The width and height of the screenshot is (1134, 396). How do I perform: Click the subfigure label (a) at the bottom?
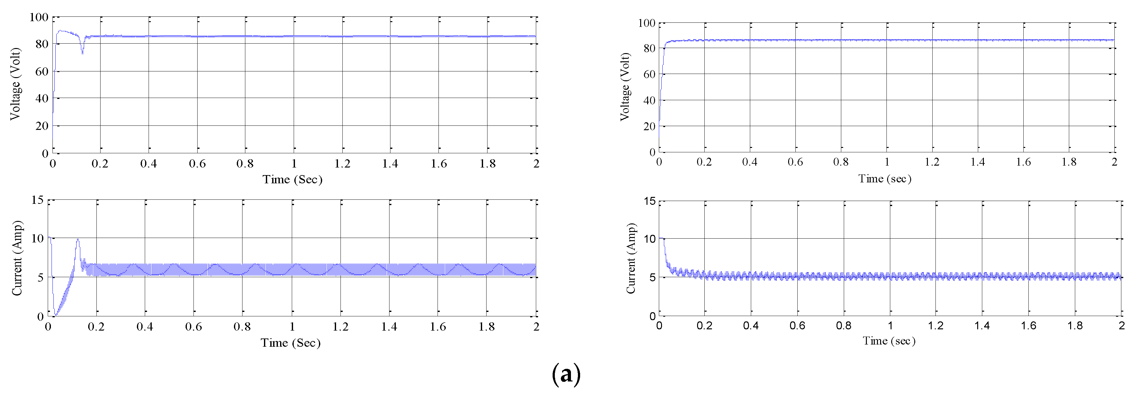(566, 375)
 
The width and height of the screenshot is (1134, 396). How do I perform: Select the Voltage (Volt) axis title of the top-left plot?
(15, 84)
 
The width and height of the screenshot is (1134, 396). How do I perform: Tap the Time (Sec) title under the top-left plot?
(292, 180)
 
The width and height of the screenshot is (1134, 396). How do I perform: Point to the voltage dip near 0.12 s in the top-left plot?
(82, 53)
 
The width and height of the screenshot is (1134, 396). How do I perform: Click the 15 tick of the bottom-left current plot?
(37, 200)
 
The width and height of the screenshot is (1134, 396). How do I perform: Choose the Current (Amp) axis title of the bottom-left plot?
(17, 258)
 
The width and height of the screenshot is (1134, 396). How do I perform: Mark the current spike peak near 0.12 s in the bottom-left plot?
(78, 240)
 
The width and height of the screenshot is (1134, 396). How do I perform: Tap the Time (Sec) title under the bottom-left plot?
(291, 343)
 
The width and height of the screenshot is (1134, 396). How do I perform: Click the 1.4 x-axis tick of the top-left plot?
(390, 164)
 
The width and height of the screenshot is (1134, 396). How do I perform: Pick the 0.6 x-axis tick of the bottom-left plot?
(193, 327)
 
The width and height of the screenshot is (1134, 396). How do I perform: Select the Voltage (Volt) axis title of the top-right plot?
(625, 87)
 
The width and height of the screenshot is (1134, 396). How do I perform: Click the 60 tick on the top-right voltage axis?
(649, 74)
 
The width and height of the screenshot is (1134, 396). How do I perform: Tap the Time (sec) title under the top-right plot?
(885, 179)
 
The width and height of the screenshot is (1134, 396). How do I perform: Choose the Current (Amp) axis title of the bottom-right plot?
(631, 259)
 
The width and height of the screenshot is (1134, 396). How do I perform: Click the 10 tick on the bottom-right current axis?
(649, 239)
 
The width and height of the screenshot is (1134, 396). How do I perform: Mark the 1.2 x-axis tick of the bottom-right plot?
(935, 326)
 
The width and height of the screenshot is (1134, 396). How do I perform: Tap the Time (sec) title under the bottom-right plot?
(889, 341)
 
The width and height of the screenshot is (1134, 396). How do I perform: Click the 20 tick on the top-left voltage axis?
(42, 126)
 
